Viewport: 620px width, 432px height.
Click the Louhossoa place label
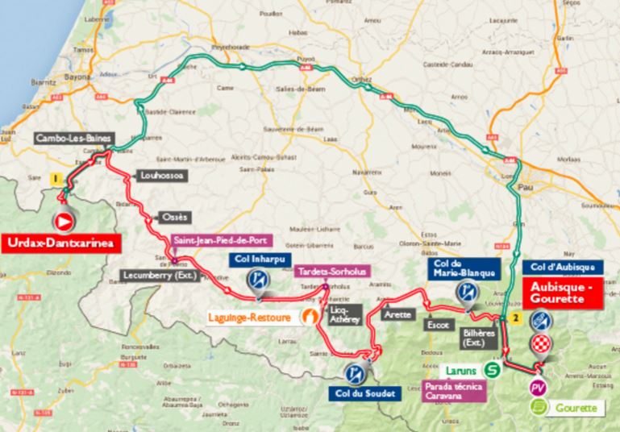click(x=160, y=172)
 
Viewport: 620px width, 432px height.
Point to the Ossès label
click(x=170, y=218)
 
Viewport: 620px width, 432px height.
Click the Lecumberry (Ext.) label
click(x=160, y=275)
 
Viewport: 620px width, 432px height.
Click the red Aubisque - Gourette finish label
click(x=563, y=295)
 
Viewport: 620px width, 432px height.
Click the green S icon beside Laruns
click(x=491, y=370)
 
